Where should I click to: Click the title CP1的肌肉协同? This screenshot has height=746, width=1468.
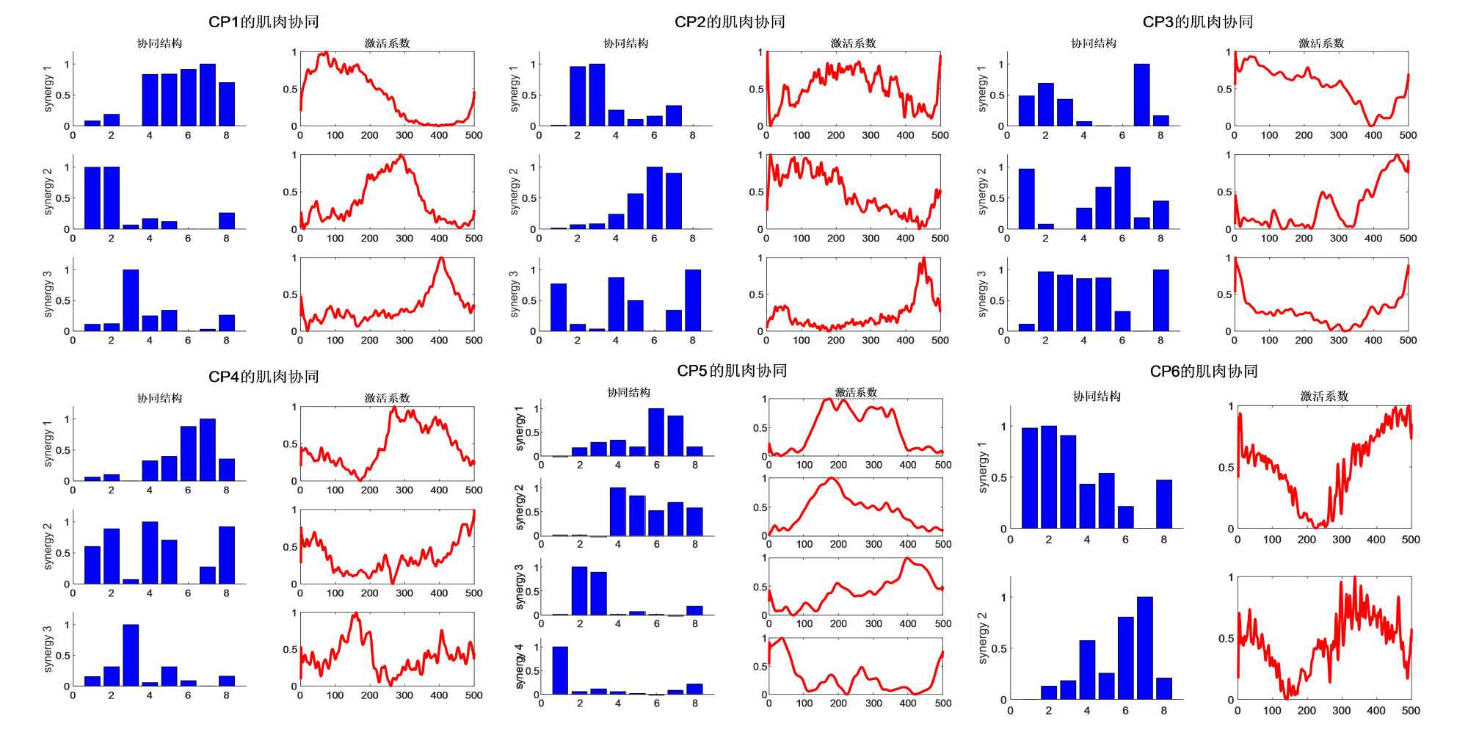coord(264,22)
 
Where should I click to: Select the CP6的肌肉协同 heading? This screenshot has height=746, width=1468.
coord(1204,372)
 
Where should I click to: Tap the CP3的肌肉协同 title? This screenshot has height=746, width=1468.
coord(1198,22)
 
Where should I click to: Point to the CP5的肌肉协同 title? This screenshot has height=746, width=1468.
coord(732,371)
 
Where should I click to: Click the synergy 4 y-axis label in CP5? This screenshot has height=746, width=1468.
coord(519,666)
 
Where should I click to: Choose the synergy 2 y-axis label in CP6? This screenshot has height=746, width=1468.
coord(983,638)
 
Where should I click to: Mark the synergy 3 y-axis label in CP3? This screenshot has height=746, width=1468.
coord(981,294)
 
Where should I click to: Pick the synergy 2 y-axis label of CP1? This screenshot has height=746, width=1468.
coord(48,191)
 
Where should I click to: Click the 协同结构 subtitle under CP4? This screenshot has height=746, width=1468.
coord(160,398)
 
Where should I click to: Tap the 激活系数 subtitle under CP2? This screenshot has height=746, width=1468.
coord(853,43)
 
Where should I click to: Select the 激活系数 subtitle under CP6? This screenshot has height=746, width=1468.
coord(1324,396)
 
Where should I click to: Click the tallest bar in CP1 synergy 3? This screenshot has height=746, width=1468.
coord(131,301)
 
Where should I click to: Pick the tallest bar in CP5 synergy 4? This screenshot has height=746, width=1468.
coord(560,670)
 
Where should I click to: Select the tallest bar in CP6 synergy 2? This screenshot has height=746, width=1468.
coord(1145,648)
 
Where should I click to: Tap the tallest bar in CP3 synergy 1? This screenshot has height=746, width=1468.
coord(1141,95)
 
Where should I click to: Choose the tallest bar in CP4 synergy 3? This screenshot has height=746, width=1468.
coord(131,656)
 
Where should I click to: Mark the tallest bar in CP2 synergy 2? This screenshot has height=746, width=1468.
coord(655,198)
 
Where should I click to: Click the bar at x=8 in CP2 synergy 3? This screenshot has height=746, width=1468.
coord(693,301)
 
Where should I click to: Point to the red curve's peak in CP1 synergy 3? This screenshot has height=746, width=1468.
coord(440,258)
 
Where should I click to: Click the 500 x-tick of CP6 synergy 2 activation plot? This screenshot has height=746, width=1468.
coord(1411,711)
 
